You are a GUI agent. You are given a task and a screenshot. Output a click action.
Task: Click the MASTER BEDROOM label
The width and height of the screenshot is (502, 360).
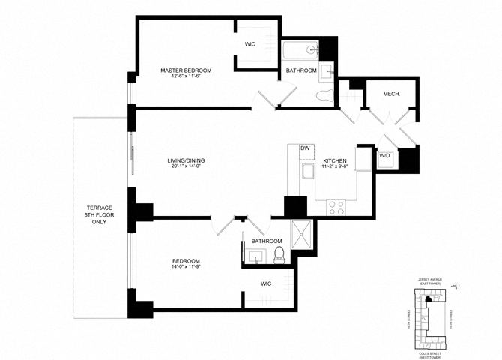pyautogui.click(x=186, y=70)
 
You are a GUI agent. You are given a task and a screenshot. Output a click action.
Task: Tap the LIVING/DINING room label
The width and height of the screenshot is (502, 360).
pyautogui.click(x=186, y=160)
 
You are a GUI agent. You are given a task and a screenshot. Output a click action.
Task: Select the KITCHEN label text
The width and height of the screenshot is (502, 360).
pyautogui.click(x=335, y=161)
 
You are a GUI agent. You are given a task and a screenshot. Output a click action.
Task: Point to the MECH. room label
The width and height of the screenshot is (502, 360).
pyautogui.click(x=390, y=94)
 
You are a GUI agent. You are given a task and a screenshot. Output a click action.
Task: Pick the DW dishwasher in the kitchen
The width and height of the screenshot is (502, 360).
pyautogui.click(x=305, y=148)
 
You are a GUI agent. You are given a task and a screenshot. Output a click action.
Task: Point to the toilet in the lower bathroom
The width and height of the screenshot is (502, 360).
pyautogui.click(x=279, y=254)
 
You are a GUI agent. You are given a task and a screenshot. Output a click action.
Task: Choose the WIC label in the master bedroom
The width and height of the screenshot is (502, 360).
pyautogui.click(x=250, y=44)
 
